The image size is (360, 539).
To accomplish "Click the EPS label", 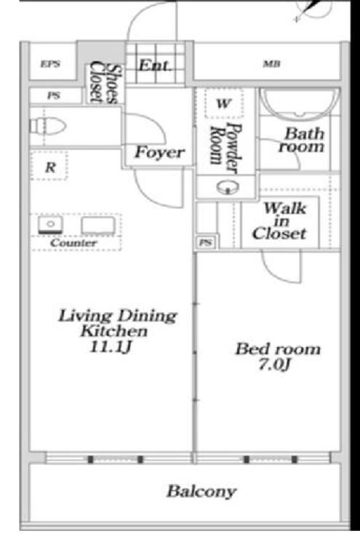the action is (x=50, y=64).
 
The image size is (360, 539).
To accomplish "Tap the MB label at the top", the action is (x=271, y=63).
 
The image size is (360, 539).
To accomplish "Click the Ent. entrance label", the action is (x=154, y=65).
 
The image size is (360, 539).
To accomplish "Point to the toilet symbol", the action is (x=47, y=126).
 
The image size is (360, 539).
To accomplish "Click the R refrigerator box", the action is (x=49, y=166).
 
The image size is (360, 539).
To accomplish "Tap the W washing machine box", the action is (x=223, y=103).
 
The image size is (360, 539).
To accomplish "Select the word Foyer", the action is (x=159, y=152).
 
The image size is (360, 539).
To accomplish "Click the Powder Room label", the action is (x=226, y=148).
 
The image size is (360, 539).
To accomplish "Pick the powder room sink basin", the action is (x=228, y=188).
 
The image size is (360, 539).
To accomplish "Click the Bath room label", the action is (x=302, y=140).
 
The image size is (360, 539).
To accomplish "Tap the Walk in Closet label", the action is (x=279, y=221).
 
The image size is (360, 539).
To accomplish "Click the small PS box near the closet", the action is (x=206, y=242).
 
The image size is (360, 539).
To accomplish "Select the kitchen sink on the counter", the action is (x=50, y=225).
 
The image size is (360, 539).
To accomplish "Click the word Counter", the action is (x=73, y=243).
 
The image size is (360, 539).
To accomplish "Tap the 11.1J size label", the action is (x=111, y=347).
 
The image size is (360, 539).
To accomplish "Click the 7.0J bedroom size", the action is (x=274, y=364).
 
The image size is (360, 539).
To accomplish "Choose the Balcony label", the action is (x=201, y=491).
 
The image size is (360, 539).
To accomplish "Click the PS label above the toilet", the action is (x=54, y=96).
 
